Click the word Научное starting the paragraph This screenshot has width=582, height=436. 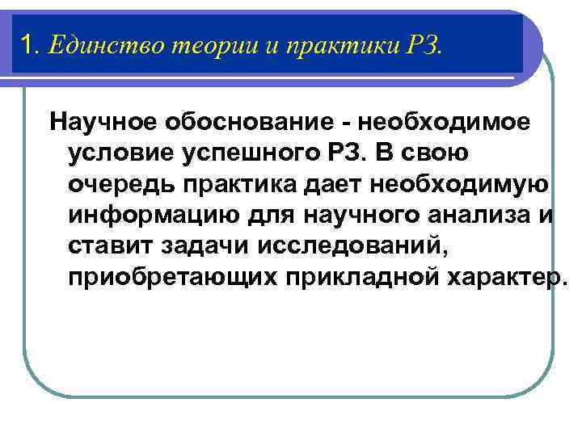point(104,123)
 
